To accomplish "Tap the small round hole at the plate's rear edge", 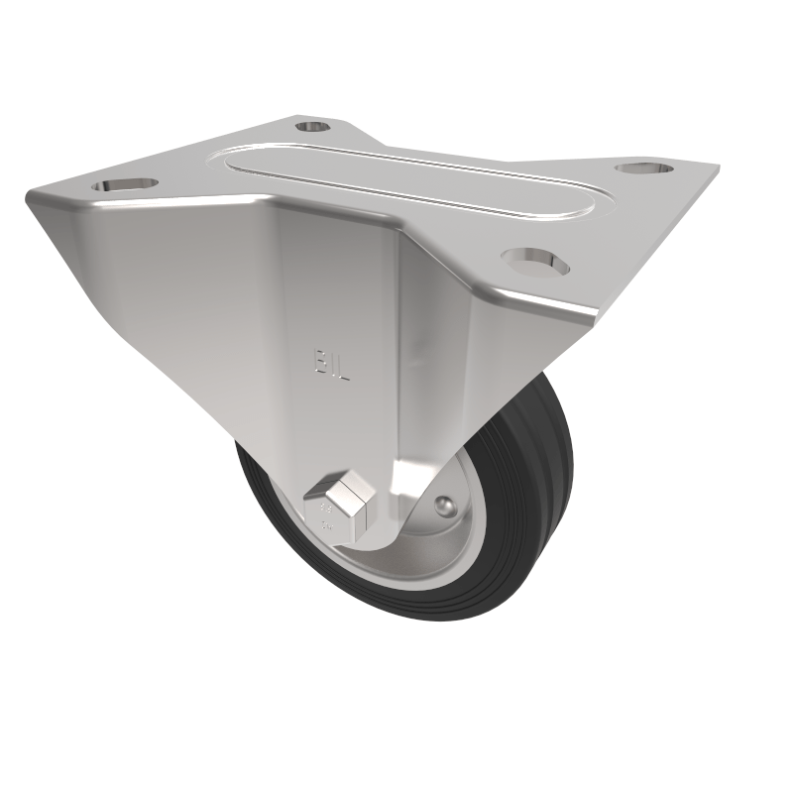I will click(313, 126).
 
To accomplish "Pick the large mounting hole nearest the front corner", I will click(536, 260).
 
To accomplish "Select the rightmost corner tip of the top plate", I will click(718, 169).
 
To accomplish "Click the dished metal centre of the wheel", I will click(436, 535).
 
